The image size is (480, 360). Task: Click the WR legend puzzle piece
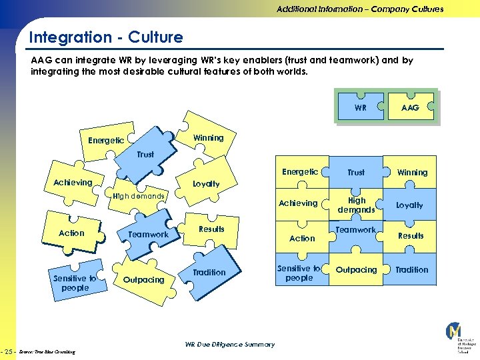360,107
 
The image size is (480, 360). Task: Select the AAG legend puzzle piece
411,107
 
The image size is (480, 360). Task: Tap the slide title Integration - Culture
105,37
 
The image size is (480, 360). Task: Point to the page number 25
9,351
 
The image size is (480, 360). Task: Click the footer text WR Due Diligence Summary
229,345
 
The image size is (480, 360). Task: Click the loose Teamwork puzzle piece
148,234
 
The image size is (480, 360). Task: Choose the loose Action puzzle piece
71,233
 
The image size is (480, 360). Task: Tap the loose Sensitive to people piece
75,283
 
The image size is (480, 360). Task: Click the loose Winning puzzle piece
208,138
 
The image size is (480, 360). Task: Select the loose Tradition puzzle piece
209,273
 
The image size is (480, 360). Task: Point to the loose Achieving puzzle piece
73,183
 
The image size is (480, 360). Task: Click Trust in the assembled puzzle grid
356,172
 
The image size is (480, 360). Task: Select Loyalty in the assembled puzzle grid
409,205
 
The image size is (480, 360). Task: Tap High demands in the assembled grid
356,205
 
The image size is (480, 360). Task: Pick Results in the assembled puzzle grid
411,236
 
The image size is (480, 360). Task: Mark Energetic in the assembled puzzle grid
300,172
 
